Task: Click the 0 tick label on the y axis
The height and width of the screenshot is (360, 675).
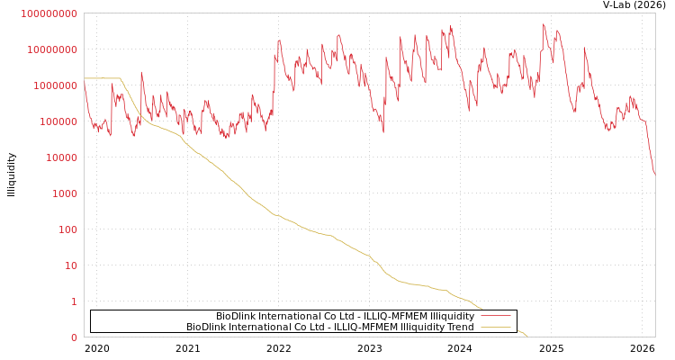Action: [x=74, y=337]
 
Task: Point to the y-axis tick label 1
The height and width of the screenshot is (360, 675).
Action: [x=74, y=301]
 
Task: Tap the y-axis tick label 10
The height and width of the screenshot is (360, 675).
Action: [x=71, y=265]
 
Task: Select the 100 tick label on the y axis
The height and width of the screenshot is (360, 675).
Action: [x=68, y=229]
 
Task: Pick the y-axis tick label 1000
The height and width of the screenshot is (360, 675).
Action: [x=66, y=193]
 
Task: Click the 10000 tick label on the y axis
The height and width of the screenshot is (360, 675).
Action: [x=63, y=157]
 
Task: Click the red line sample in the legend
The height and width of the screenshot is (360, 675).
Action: [x=496, y=317]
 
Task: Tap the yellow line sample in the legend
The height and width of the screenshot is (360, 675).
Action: [x=496, y=328]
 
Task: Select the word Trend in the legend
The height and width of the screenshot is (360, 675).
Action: [x=459, y=328]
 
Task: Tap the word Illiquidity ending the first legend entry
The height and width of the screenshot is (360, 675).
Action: [x=452, y=317]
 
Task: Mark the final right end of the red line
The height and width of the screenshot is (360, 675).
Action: [x=654, y=175]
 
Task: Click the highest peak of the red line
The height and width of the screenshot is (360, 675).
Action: [x=544, y=24]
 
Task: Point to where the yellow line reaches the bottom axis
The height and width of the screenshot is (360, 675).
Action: [x=527, y=337]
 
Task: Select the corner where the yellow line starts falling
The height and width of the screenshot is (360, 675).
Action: [x=120, y=78]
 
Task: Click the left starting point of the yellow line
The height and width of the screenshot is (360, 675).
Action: [x=85, y=78]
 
